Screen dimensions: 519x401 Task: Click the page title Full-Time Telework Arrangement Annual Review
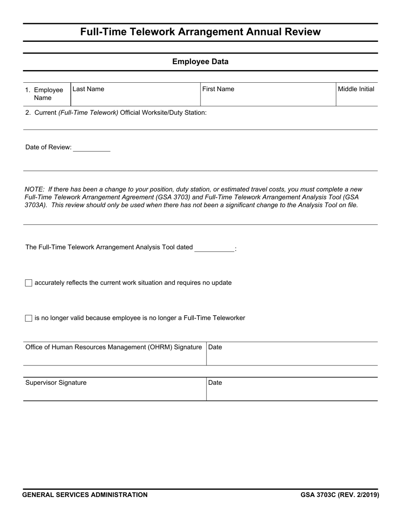[x=200, y=32]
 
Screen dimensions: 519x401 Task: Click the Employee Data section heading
[x=200, y=62]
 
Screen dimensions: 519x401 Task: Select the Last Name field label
[x=88, y=89]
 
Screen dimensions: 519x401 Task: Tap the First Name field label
[x=218, y=89]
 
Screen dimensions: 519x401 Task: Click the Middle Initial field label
[x=356, y=89]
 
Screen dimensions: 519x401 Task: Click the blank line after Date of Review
[x=92, y=148]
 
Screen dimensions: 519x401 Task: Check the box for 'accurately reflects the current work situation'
[x=29, y=283]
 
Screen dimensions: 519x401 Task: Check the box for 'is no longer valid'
[x=29, y=318]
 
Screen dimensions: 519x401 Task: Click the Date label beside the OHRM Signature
[x=215, y=347]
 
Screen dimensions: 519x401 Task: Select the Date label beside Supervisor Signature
[x=215, y=383]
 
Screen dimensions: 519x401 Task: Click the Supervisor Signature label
[x=56, y=383]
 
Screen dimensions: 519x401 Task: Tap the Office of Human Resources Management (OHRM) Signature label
[x=114, y=347]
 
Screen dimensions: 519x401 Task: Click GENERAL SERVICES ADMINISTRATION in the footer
[x=85, y=495]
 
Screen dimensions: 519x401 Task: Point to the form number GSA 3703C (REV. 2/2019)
[x=340, y=495]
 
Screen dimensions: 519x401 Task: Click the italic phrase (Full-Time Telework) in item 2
[x=88, y=113]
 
